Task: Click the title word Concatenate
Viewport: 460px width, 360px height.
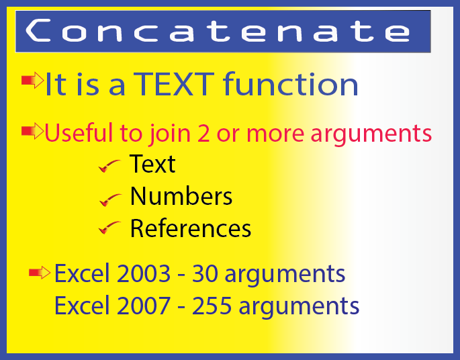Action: tap(218, 30)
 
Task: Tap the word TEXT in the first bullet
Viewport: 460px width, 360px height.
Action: tap(174, 85)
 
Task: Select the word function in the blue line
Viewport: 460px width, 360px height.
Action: tap(291, 84)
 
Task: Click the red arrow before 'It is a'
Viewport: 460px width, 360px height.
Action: tap(32, 80)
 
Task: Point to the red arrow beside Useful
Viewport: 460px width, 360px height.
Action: tap(32, 131)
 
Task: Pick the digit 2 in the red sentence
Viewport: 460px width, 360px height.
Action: tap(203, 134)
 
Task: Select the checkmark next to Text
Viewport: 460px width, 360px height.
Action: tap(109, 166)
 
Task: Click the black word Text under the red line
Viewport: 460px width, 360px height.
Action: tap(152, 164)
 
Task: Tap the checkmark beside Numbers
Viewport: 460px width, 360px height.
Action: tap(110, 199)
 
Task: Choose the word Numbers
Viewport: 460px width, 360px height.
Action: tap(181, 196)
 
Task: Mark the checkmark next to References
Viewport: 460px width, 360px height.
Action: tap(109, 228)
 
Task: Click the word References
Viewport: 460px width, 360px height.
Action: tap(191, 228)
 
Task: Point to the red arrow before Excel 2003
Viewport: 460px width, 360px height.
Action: tap(40, 273)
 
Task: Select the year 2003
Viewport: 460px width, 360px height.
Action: tap(144, 273)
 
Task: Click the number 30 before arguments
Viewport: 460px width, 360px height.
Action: tap(205, 273)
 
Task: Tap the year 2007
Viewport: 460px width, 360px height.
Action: tap(144, 306)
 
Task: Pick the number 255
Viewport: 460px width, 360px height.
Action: tap(212, 306)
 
